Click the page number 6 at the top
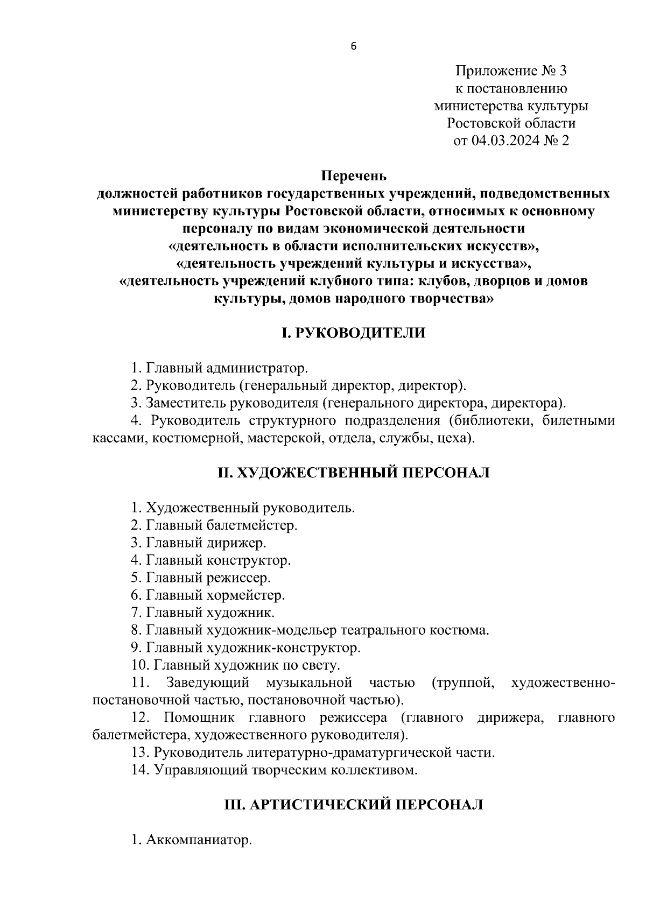pos(353,46)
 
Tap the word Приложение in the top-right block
pos(497,71)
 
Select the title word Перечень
pos(354,176)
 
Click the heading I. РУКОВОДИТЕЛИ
pos(354,333)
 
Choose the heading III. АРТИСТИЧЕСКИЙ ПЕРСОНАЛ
pos(354,805)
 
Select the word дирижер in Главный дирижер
pos(236,543)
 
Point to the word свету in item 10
pos(320,666)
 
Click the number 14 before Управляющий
pos(139,770)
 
